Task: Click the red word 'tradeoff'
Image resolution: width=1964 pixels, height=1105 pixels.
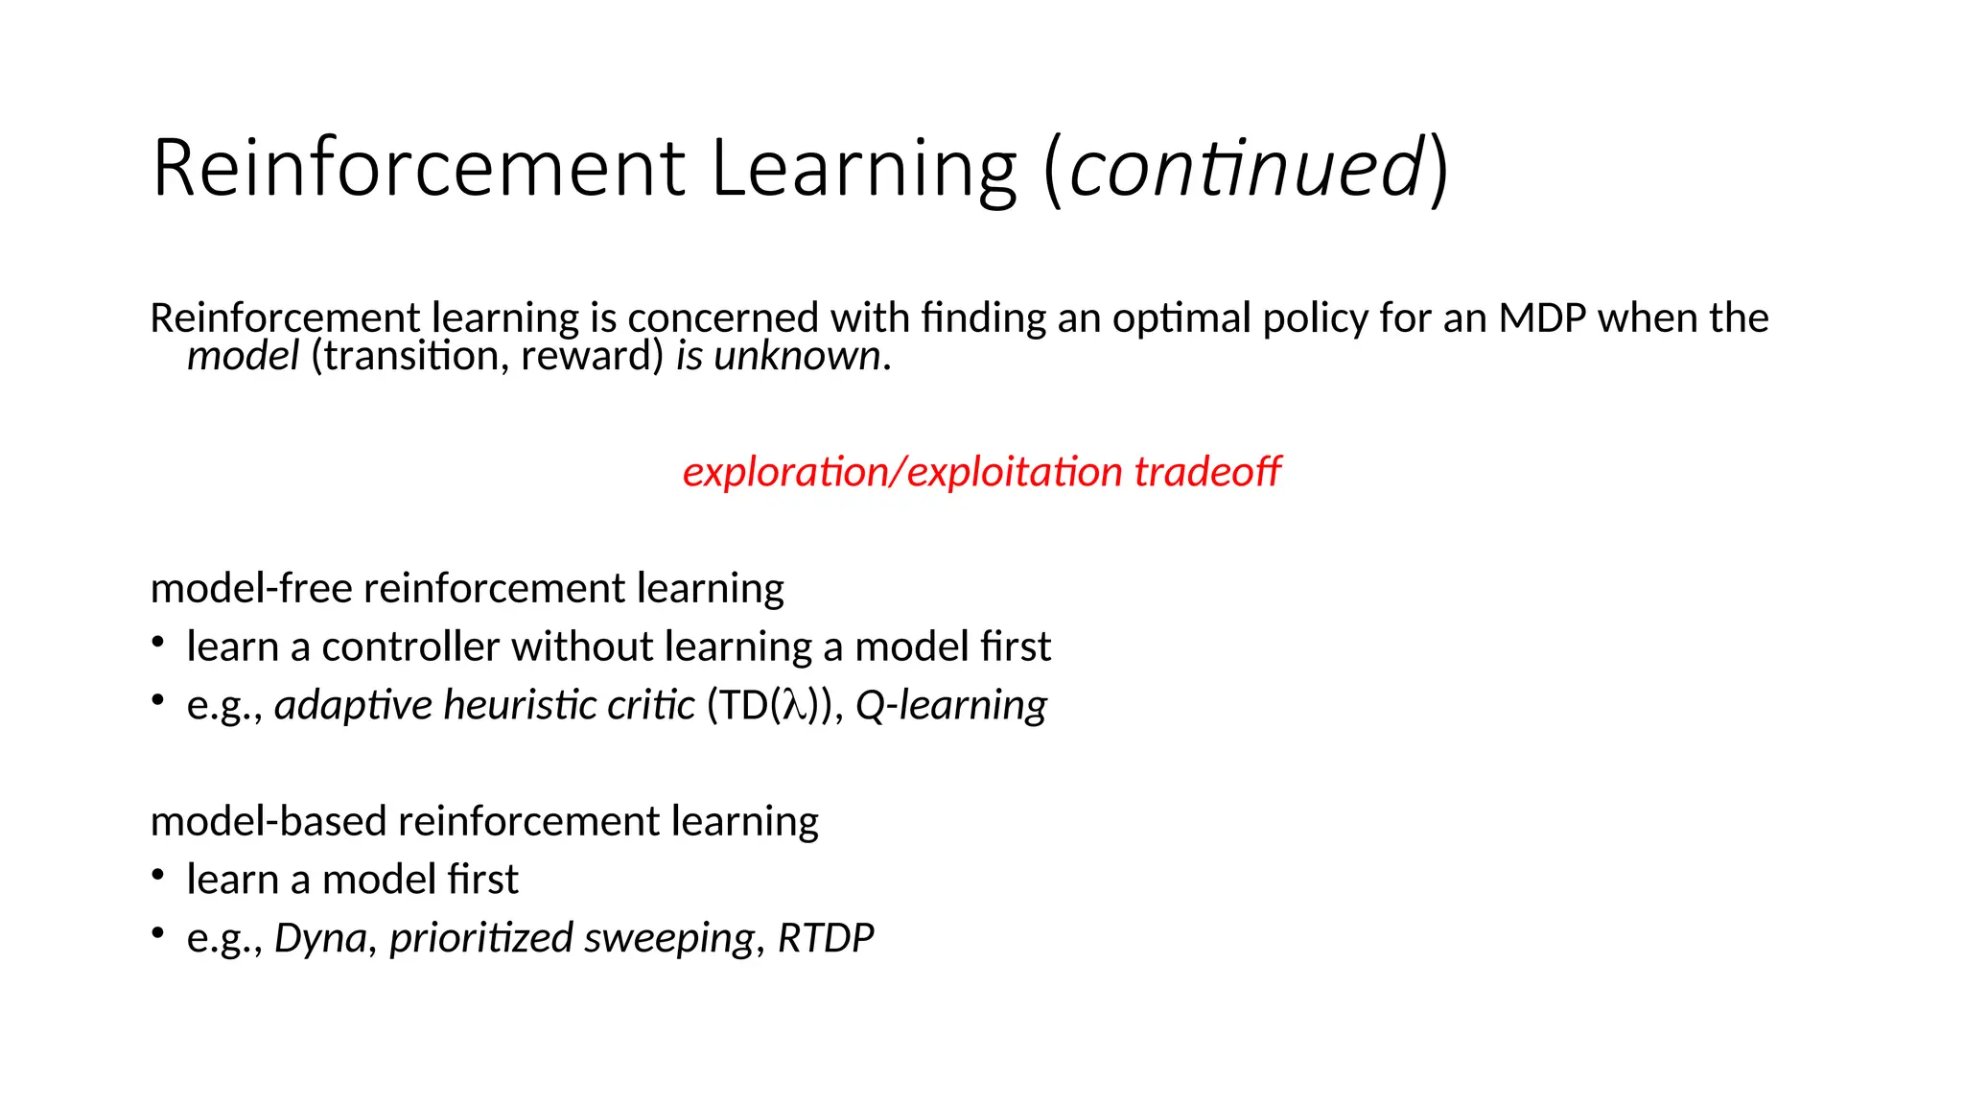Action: point(1207,472)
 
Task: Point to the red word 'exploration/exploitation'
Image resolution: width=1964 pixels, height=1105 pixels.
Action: point(902,472)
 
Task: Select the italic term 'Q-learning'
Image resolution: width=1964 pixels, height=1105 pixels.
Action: point(950,705)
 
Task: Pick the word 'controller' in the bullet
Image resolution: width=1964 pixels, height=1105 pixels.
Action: point(410,647)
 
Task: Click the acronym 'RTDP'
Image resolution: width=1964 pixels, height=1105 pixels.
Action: point(826,938)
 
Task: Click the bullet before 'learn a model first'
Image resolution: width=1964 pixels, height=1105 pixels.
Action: point(159,875)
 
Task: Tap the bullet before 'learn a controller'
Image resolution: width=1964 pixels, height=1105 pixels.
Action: point(159,642)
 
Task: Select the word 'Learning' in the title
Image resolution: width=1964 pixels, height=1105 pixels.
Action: point(863,168)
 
